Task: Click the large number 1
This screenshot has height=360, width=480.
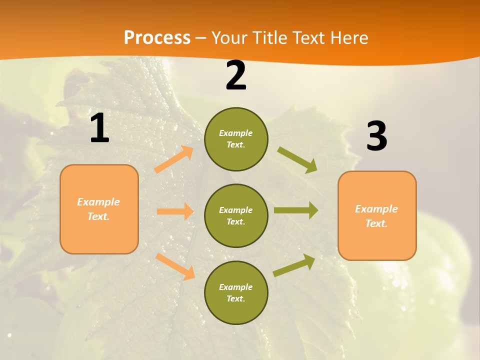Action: pyautogui.click(x=99, y=128)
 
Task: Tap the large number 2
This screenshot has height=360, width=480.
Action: pyautogui.click(x=236, y=76)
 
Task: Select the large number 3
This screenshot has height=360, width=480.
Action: pyautogui.click(x=376, y=136)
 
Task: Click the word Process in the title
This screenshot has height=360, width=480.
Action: pyautogui.click(x=157, y=37)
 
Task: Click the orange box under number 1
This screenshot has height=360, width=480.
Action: pyautogui.click(x=99, y=209)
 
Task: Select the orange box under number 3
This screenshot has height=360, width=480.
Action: pyautogui.click(x=377, y=215)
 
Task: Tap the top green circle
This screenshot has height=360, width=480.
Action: pyautogui.click(x=236, y=139)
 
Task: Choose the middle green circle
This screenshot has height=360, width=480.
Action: pyautogui.click(x=236, y=215)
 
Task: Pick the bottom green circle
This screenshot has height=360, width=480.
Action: pyautogui.click(x=236, y=292)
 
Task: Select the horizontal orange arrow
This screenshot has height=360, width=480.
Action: pyautogui.click(x=175, y=211)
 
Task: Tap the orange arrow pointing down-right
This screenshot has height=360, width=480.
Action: pyautogui.click(x=175, y=266)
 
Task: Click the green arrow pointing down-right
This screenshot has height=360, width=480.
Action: pyautogui.click(x=297, y=160)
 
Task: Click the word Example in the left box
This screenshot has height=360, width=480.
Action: pyautogui.click(x=98, y=202)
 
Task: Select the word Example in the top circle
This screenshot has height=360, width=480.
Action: pyautogui.click(x=235, y=133)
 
